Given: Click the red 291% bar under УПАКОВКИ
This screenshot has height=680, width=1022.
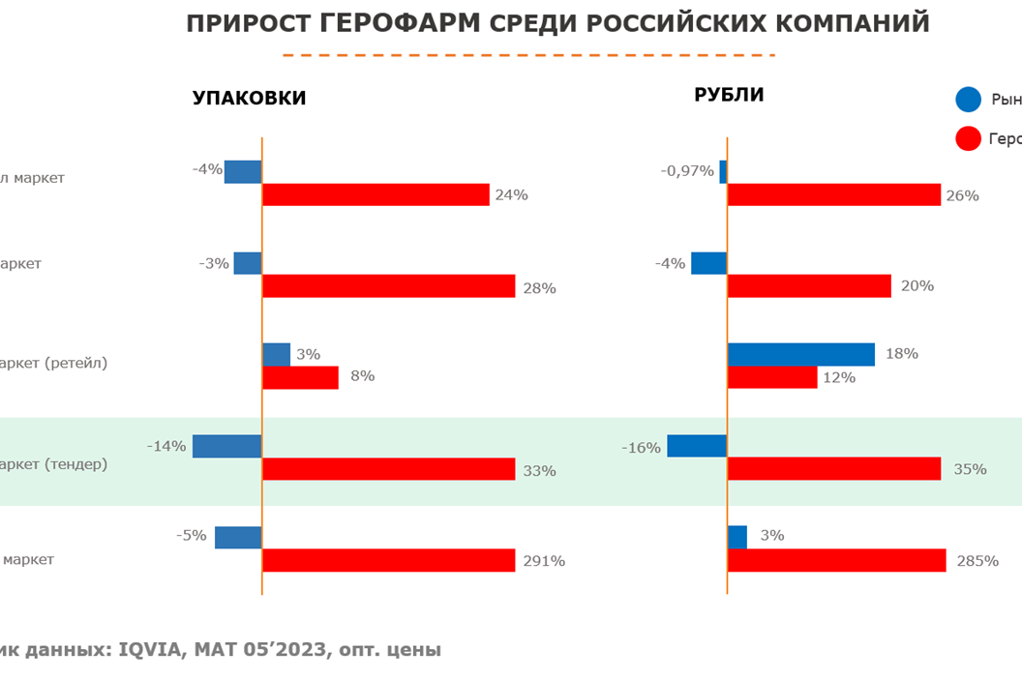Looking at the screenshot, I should tap(388, 560).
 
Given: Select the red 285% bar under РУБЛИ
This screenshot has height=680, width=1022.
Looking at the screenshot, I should tap(836, 560).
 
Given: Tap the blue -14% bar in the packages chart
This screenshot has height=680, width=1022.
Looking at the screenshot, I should tap(227, 446).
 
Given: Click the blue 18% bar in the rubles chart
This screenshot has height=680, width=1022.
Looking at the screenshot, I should tap(800, 354).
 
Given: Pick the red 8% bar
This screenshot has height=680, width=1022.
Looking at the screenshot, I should tap(300, 377).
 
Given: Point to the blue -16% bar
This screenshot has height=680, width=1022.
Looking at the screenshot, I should tap(697, 446).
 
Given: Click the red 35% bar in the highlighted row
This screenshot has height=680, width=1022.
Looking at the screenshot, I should tap(833, 469).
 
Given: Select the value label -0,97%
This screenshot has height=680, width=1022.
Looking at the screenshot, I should tap(687, 171).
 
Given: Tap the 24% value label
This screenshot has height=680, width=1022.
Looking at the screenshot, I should tap(511, 195).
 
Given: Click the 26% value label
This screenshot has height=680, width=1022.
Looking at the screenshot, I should tap(962, 195).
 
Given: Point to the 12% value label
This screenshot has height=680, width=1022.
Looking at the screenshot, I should tap(839, 377).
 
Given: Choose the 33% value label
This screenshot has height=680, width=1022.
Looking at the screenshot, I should tap(539, 471).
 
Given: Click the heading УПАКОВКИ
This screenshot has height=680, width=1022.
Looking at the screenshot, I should tap(250, 98).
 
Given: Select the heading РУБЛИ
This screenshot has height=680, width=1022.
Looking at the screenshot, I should tap(729, 95).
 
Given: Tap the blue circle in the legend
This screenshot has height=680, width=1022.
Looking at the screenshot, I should tap(968, 100).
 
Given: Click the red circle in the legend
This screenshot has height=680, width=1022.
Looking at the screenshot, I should tap(968, 139).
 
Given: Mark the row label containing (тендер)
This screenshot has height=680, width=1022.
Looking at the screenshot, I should tap(53, 464).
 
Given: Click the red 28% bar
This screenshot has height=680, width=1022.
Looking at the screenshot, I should tap(388, 286).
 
